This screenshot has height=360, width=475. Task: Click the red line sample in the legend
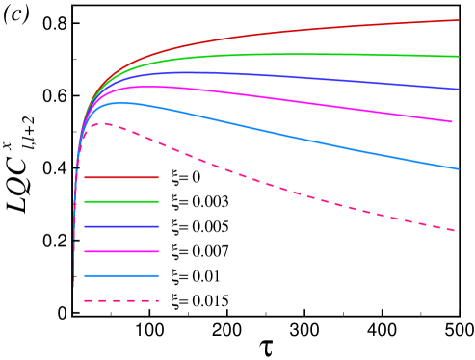(x=120, y=177)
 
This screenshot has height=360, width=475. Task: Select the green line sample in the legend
(x=120, y=201)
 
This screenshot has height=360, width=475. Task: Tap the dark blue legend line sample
(x=120, y=226)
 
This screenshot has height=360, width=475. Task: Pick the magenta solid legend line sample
(x=120, y=251)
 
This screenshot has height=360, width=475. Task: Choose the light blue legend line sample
(x=120, y=276)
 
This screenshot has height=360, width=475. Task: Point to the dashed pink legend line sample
(x=120, y=301)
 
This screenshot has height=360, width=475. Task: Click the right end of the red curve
(x=458, y=20)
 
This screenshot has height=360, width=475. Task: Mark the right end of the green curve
(x=458, y=56)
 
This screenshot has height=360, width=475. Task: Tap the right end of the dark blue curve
(x=458, y=89)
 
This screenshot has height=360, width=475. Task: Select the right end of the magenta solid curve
(x=452, y=121)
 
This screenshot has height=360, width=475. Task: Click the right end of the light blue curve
(x=458, y=168)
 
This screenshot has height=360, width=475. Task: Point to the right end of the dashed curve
(x=454, y=230)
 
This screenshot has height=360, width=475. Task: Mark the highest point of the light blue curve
(x=122, y=102)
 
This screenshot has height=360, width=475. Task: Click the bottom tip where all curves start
(x=74, y=286)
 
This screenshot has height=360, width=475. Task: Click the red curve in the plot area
(x=289, y=31)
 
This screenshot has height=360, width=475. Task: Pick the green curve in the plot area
(x=289, y=54)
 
